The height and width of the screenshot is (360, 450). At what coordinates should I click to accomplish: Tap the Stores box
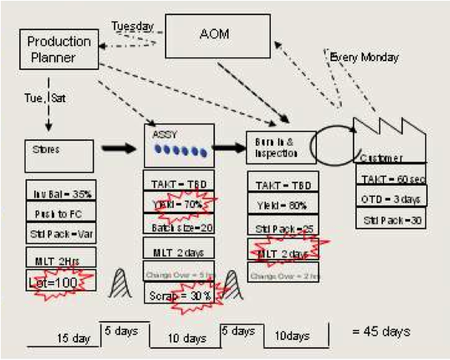60,155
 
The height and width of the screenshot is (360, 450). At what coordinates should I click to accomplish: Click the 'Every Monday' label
364,57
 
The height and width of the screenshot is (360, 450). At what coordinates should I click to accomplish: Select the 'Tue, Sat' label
46,97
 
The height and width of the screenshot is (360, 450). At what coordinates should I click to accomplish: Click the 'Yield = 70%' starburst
179,205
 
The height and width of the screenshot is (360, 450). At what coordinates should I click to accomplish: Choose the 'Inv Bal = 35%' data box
60,193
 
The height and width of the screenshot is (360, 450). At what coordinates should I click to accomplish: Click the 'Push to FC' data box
60,213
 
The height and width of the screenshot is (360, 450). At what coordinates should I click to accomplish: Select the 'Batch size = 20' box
179,229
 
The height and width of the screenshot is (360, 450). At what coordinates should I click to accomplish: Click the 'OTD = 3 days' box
391,198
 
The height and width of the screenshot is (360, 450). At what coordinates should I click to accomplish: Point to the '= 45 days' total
382,330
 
